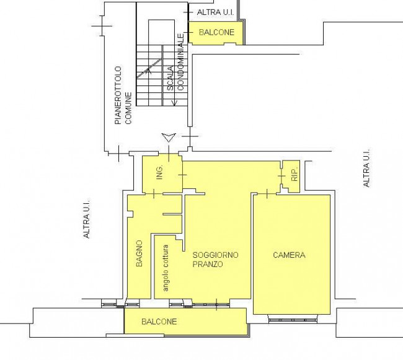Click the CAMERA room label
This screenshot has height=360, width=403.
pos(289,255)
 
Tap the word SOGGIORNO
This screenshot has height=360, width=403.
pos(215,255)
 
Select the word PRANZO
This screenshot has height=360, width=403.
pos(208,264)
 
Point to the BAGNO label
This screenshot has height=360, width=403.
pos(139,253)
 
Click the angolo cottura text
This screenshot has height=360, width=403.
pos(166,268)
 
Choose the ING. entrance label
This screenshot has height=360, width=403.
pos(159,172)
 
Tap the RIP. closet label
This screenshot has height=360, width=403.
pos(294,174)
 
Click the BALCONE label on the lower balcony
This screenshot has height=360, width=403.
pos(159,322)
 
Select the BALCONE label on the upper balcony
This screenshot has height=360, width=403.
pos(216,32)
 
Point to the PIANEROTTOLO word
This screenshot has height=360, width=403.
pos(118,95)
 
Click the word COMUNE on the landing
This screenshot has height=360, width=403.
pos(128,108)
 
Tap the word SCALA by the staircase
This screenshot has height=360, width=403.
pos(170,78)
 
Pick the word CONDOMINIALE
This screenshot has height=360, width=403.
pos(180,62)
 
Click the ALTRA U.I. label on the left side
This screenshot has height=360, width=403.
pos(87,218)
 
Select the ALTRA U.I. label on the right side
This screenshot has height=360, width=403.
pos(366,167)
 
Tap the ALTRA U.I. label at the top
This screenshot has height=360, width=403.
pos(215,12)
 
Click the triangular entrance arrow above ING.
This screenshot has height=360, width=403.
pos(169,138)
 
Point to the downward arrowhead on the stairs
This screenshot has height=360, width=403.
pos(174,103)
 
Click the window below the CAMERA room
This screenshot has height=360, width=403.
pos(293,320)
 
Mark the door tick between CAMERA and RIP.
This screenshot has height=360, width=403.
pos(267,193)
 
